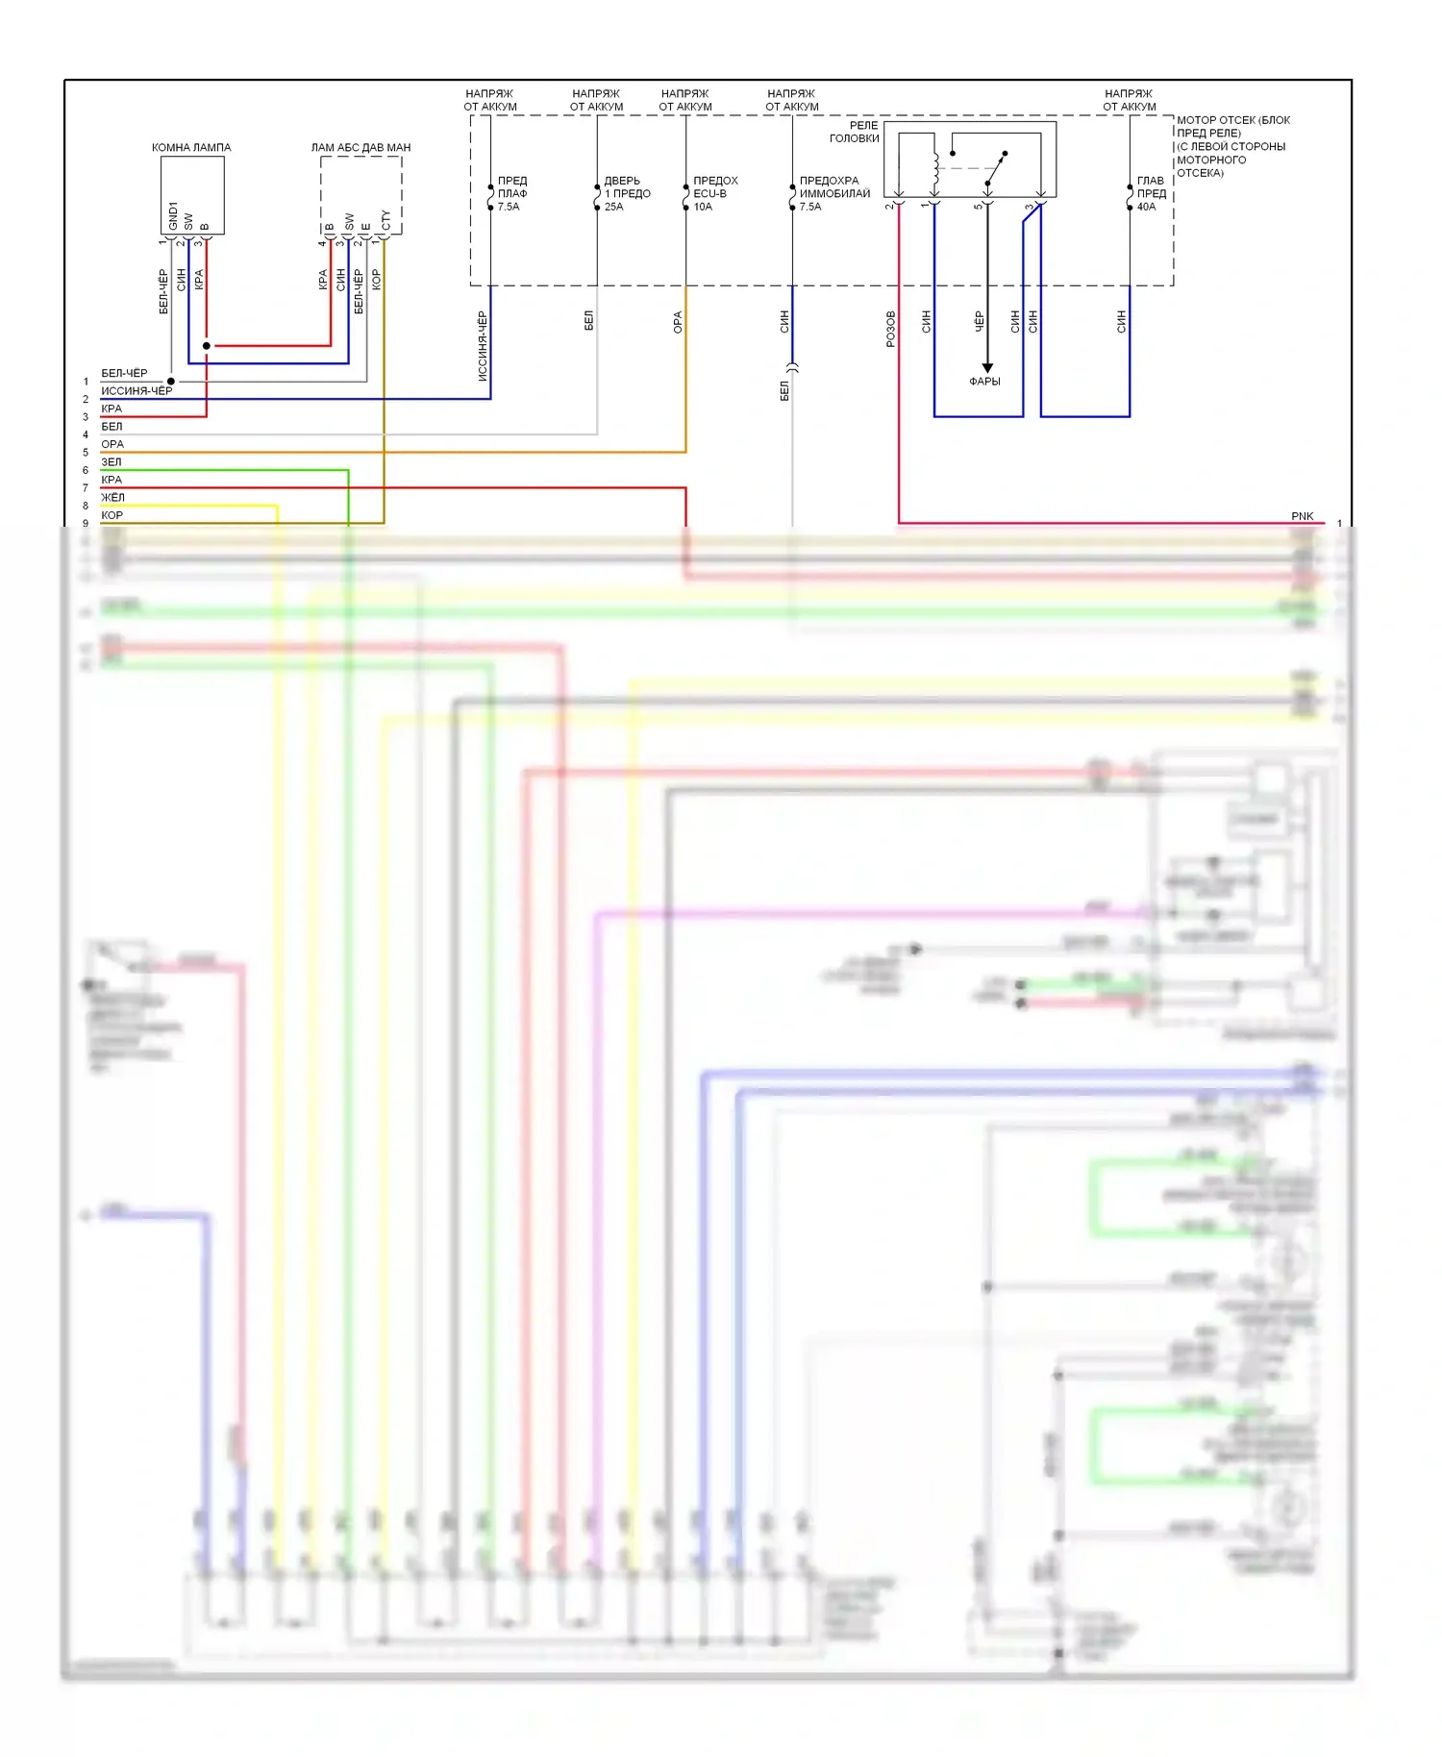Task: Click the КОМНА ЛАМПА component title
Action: point(191,147)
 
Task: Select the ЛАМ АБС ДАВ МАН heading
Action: point(360,147)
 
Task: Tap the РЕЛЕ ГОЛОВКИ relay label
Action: point(855,132)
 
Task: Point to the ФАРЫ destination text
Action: point(984,382)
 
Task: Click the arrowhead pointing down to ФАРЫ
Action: point(987,368)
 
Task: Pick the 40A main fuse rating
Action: point(1146,207)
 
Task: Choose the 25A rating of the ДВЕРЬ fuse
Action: point(613,207)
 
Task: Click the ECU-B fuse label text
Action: point(709,193)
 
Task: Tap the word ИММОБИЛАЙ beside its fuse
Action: point(834,193)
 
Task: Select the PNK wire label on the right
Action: point(1302,516)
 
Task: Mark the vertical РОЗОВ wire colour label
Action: point(891,329)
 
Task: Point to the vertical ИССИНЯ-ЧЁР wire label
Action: point(483,346)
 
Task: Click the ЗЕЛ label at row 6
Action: point(112,462)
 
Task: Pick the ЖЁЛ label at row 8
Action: point(112,498)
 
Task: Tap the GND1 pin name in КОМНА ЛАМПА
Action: point(173,215)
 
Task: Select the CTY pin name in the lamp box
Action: point(386,221)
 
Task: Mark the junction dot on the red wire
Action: point(207,346)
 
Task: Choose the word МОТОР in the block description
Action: point(1194,120)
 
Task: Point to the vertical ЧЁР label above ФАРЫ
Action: point(979,321)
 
